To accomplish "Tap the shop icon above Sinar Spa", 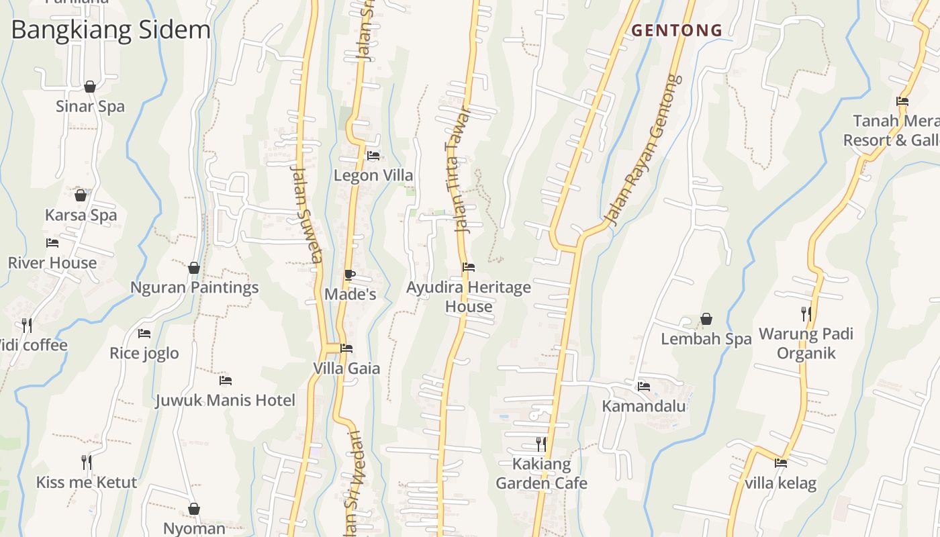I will (x=90, y=87).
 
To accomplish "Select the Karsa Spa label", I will (x=81, y=215).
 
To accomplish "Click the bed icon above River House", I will (x=52, y=243).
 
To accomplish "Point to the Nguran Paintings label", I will (x=194, y=288).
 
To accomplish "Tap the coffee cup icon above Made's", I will (x=349, y=275).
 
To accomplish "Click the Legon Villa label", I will (x=373, y=176).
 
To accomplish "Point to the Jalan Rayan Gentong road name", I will (x=643, y=149).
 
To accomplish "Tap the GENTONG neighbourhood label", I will (x=677, y=30).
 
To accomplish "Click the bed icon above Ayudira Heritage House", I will (x=469, y=267).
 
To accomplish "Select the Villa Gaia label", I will (x=346, y=369).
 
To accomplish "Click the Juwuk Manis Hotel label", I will (x=225, y=401).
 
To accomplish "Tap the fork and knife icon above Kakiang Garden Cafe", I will (x=541, y=444).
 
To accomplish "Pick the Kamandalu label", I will (x=643, y=406).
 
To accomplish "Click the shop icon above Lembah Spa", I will (x=706, y=319).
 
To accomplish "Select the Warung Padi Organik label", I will (x=806, y=344).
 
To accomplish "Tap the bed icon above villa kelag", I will (x=780, y=462).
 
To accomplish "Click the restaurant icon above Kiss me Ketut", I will (x=87, y=462).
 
